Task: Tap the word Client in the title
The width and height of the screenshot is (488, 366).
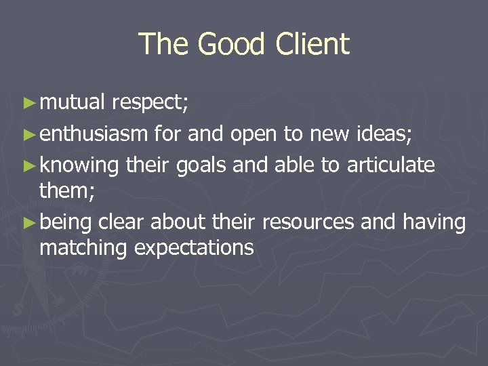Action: point(312,45)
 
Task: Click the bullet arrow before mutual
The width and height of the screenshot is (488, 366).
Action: point(28,103)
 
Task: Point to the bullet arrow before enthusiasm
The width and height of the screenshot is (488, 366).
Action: point(28,135)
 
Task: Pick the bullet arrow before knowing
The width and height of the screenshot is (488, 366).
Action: point(28,165)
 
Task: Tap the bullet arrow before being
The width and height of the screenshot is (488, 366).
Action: point(28,222)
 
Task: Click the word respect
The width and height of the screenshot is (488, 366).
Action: point(150,103)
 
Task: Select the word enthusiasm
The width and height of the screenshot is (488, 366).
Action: point(94,134)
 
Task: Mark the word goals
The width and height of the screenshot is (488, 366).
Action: point(204,165)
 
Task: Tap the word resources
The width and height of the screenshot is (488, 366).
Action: point(308,222)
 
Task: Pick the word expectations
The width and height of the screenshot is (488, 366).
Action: point(194,248)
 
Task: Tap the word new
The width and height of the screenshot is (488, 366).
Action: point(330,134)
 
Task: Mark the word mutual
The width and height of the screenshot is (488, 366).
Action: point(73,103)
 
